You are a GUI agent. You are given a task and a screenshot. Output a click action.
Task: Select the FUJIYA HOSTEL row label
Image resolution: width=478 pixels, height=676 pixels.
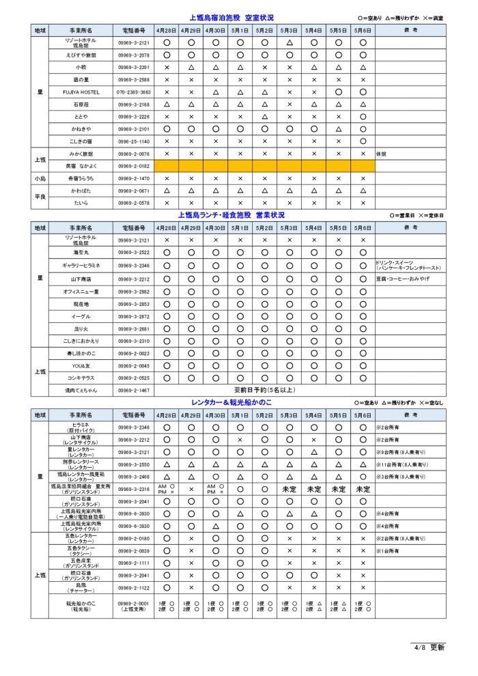[81, 92]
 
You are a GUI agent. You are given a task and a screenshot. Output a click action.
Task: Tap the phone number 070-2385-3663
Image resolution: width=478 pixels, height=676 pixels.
[133, 92]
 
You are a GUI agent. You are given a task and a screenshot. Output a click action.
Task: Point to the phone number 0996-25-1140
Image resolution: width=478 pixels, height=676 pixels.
[133, 141]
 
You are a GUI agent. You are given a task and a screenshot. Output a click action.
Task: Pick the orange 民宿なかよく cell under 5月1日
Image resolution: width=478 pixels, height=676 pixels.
[240, 166]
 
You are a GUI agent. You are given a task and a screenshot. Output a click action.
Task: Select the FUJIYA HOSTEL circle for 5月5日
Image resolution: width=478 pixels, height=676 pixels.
[338, 92]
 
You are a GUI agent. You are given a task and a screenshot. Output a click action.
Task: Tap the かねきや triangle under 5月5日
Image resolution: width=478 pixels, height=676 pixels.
[338, 129]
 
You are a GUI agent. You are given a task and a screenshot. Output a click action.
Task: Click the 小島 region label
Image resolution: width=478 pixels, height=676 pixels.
[40, 178]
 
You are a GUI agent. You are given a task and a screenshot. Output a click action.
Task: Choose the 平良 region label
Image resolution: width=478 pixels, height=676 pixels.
[40, 197]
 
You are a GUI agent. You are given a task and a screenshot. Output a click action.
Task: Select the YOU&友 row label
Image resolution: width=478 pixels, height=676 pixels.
[81, 366]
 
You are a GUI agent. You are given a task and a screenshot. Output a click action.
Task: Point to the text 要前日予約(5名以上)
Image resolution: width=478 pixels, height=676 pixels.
[264, 391]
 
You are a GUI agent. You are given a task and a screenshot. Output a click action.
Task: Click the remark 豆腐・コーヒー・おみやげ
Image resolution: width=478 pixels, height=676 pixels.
[402, 279]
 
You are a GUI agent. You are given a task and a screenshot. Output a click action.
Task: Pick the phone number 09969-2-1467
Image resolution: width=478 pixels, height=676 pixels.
[133, 391]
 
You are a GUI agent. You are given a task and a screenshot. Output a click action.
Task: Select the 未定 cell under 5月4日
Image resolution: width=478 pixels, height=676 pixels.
[313, 489]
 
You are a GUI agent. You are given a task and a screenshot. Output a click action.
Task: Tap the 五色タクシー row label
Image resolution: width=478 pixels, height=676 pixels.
[81, 550]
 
